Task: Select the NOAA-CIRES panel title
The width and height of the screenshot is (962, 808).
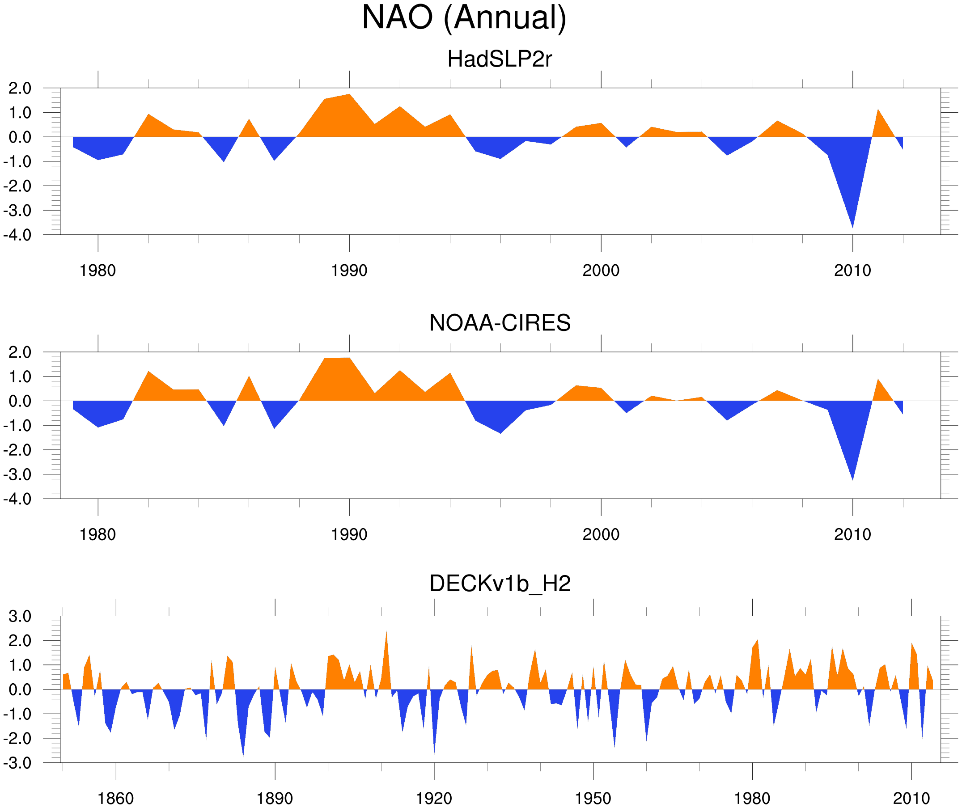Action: [x=499, y=323]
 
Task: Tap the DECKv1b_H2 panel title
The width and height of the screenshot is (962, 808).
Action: [x=499, y=584]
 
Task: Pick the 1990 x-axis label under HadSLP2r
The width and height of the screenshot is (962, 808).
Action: [x=349, y=271]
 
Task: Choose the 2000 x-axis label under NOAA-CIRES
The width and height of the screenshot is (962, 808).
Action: [x=601, y=534]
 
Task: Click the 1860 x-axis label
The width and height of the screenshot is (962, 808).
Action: [x=115, y=798]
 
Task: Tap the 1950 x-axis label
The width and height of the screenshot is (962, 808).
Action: [x=593, y=798]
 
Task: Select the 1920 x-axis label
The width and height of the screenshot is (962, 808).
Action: [x=434, y=798]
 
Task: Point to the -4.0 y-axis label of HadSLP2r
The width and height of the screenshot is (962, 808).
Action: [x=17, y=236]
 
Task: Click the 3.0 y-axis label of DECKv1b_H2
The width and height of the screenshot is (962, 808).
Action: [x=20, y=617]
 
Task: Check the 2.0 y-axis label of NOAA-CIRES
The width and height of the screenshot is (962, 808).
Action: [x=20, y=353]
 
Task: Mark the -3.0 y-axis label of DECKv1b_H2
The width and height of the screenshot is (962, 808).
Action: [x=17, y=763]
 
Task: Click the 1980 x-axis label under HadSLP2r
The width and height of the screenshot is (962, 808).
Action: [x=97, y=271]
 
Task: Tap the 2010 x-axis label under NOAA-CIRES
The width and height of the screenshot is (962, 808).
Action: [x=852, y=534]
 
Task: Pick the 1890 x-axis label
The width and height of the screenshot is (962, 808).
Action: [x=275, y=798]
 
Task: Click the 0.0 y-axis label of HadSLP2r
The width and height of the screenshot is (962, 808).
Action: [x=20, y=137]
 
